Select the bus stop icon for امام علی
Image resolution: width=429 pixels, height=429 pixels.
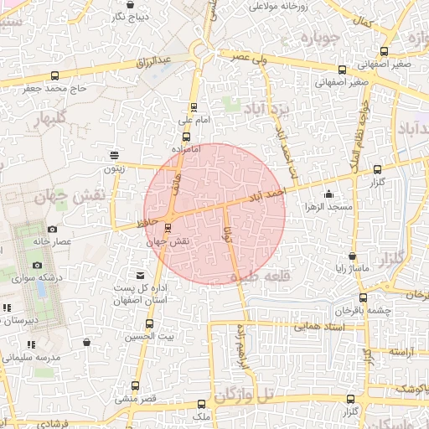point(194,106)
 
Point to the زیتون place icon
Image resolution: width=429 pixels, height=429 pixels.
point(114,154)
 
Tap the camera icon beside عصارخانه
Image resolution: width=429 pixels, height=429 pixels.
point(52,229)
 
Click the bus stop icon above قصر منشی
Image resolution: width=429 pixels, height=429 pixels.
point(135,385)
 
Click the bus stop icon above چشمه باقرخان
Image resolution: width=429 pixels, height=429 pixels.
point(362,297)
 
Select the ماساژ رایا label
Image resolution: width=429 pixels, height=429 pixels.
point(348,269)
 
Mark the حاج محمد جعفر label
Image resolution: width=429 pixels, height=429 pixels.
point(55,87)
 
